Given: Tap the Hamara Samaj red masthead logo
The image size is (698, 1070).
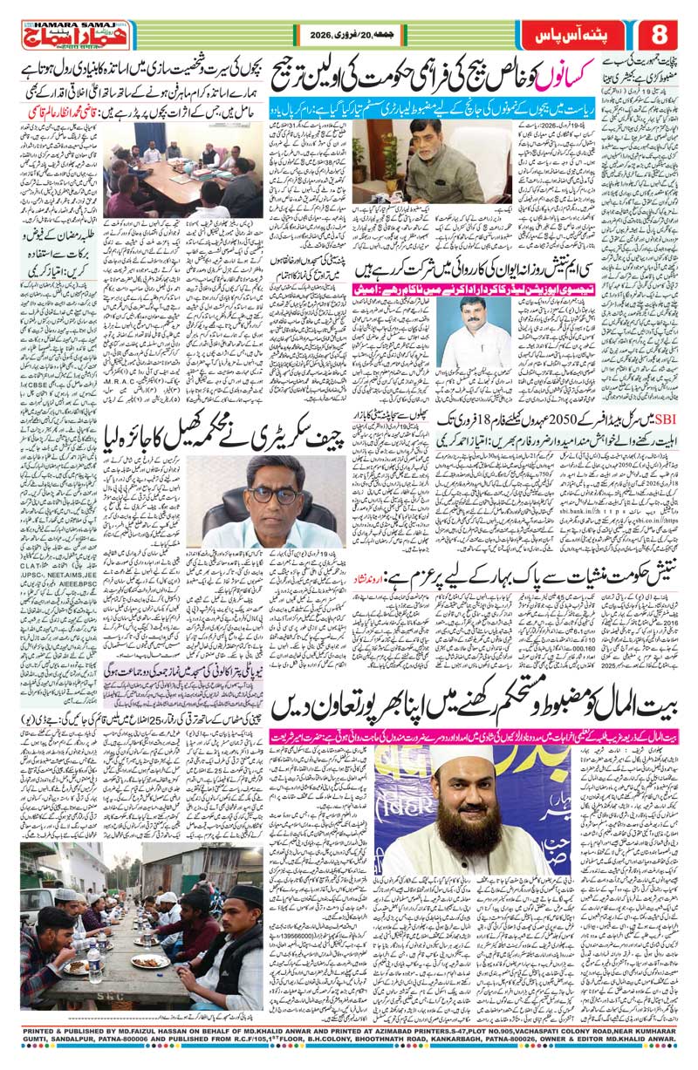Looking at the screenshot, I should tap(62, 35).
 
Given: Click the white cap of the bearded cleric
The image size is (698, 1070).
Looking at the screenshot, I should tap(436, 775).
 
